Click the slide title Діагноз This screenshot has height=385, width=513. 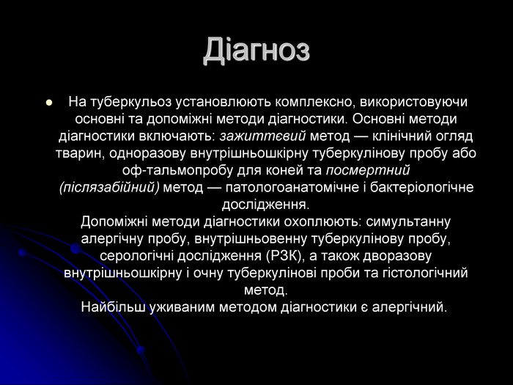coord(256,50)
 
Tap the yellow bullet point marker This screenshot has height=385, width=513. coord(49,103)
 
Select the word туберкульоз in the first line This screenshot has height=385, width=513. coord(130,102)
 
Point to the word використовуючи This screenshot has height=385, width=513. coord(414,102)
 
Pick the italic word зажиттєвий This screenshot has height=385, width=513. coord(262,136)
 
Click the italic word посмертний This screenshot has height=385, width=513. coord(368,171)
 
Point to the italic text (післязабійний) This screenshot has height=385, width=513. coord(110,188)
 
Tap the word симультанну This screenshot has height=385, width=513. coord(408,221)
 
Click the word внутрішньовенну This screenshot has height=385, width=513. coord(251,239)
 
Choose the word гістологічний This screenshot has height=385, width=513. coord(425,273)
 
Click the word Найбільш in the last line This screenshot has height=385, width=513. coord(113,307)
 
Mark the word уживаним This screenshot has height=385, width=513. coord(182,307)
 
